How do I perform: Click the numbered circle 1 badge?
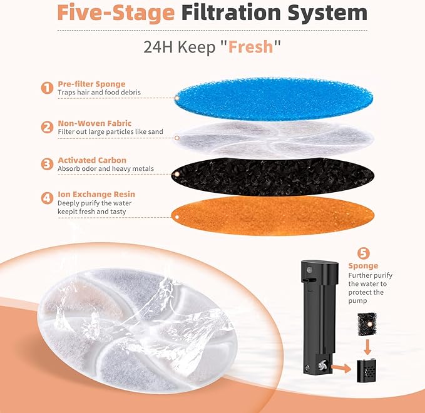click(47, 88)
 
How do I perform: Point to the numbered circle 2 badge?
click(47, 127)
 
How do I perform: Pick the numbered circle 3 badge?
click(47, 164)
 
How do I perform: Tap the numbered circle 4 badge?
click(47, 198)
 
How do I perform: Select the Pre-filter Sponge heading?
click(91, 83)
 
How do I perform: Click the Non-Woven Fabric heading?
click(95, 123)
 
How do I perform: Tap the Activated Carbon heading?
click(92, 160)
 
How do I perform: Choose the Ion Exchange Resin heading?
click(96, 194)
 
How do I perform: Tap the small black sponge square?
click(362, 325)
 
